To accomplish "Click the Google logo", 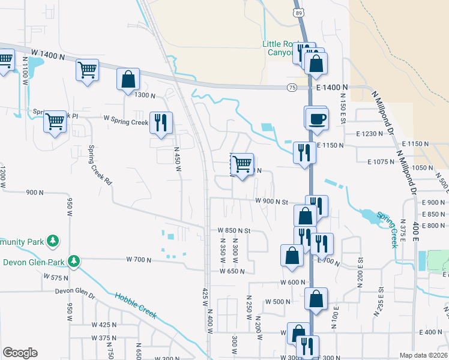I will (x=20, y=353).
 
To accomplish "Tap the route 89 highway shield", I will (x=298, y=13).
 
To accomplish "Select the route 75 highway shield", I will (x=291, y=87).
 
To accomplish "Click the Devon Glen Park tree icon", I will (x=74, y=261).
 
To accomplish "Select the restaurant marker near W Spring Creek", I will (x=161, y=123).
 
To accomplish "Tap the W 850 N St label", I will (x=229, y=230).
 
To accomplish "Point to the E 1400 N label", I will (x=330, y=88).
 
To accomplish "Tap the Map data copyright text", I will (x=423, y=355).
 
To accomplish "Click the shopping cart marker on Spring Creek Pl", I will (x=55, y=122).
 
